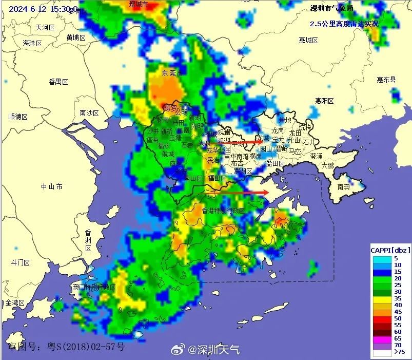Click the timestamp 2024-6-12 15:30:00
tap(44, 9)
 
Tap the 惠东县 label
tap(386, 80)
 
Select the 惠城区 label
tap(309, 40)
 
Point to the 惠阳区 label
tap(325, 101)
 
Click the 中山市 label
tap(52, 186)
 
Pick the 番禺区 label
tap(58, 82)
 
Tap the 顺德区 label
tap(17, 117)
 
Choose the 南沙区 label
tap(89, 113)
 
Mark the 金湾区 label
tap(15, 303)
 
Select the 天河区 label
tap(45, 27)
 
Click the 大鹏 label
tap(327, 165)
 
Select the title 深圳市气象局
tap(332, 9)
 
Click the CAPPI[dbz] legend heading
tap(390, 249)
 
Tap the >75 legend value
tap(400, 352)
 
